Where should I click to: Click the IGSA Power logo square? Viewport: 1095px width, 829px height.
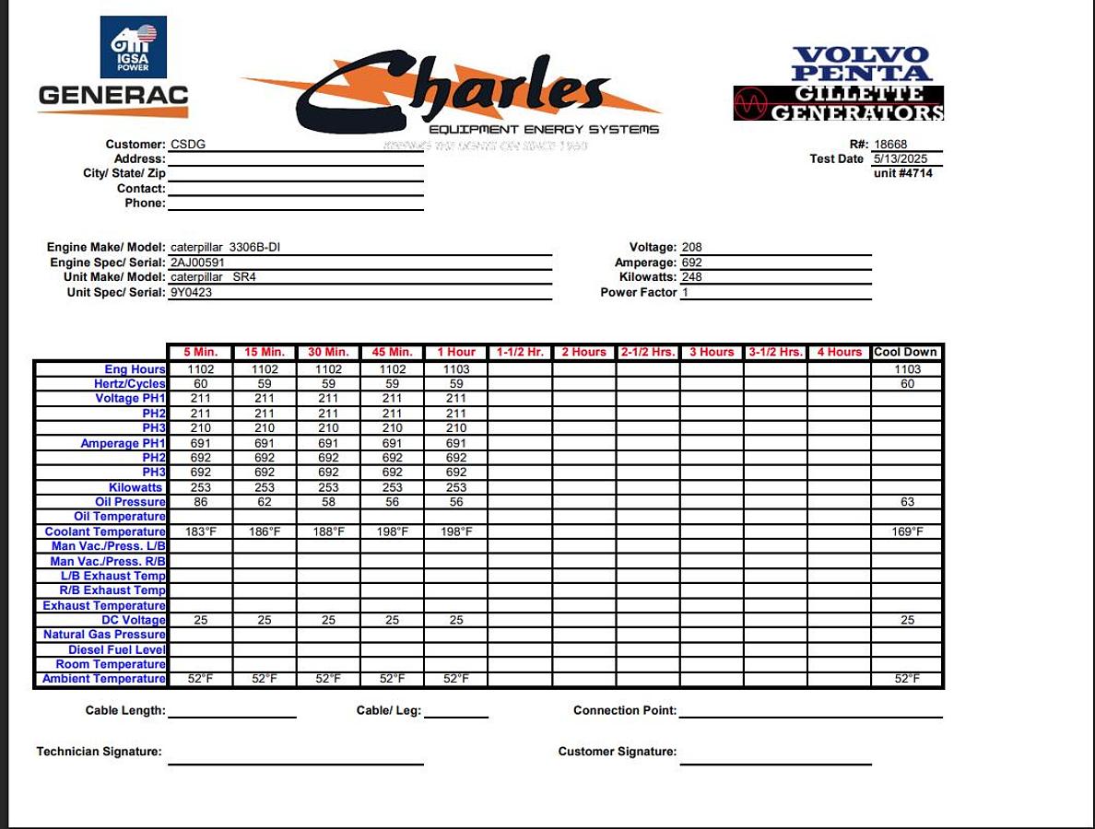134,47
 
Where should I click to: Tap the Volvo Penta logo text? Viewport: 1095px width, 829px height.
862,64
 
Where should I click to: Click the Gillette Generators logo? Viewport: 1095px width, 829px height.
839,103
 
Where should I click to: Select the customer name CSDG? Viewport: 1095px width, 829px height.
182,145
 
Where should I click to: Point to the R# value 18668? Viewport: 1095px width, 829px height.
890,145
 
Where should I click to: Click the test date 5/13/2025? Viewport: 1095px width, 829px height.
901,159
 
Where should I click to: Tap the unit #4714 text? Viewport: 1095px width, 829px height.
902,173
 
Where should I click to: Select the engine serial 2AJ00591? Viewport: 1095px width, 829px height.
197,263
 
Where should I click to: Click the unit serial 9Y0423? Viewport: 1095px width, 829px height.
191,292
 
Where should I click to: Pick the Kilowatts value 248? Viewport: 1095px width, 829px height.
691,277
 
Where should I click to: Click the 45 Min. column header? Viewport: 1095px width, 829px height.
392,352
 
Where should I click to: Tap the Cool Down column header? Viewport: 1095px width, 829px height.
906,352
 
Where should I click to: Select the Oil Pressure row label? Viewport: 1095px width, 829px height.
130,502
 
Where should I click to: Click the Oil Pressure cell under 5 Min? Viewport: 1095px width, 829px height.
200,502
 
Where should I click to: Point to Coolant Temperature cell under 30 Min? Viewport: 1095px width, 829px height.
328,531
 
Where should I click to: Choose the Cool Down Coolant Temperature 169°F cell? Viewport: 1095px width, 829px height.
907,531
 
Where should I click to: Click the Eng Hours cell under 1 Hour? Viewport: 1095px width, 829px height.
456,369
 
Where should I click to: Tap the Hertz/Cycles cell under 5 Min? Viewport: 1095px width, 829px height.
200,384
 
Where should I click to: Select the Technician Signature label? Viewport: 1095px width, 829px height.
99,752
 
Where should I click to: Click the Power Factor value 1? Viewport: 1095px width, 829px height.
685,292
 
